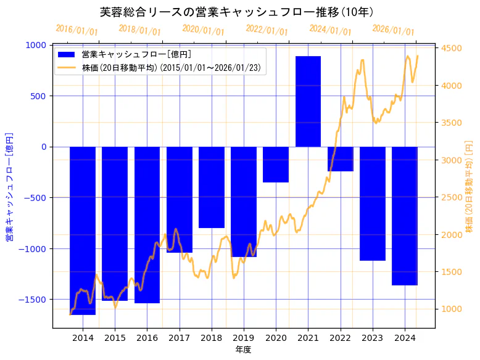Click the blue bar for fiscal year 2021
pyautogui.click(x=308, y=102)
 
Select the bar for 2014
pyautogui.click(x=83, y=231)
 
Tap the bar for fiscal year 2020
pyautogui.click(x=276, y=165)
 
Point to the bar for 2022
pyautogui.click(x=340, y=159)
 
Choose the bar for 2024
pyautogui.click(x=405, y=216)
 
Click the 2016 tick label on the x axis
pyautogui.click(x=147, y=338)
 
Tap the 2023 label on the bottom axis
pyautogui.click(x=373, y=338)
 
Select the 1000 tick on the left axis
pyautogui.click(x=37, y=45)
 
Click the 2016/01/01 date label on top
pyautogui.click(x=77, y=30)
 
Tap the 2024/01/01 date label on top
pyautogui.click(x=330, y=30)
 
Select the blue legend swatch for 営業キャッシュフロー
pyautogui.click(x=65, y=55)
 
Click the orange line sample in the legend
pyautogui.click(x=65, y=68)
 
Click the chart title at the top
pyautogui.click(x=239, y=12)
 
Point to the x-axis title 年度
pyautogui.click(x=243, y=350)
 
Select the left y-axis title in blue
pyautogui.click(x=10, y=186)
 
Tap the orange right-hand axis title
pyautogui.click(x=470, y=186)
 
